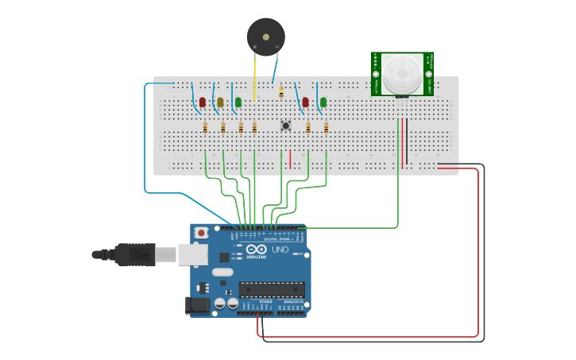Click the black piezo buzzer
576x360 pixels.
coord(265,36)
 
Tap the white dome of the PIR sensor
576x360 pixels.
coord(401,74)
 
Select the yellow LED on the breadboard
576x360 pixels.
coord(220,102)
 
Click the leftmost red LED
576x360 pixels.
coord(203,102)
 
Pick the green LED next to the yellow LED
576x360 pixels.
coord(238,102)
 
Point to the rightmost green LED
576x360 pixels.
coord(323,102)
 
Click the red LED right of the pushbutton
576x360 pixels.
coord(305,102)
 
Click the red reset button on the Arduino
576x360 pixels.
coord(202,233)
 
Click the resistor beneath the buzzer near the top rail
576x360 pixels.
coord(281,92)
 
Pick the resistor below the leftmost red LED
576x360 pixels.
coord(206,128)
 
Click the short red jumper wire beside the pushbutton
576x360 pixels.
coord(290,159)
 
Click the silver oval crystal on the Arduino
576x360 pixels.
coord(222,272)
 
